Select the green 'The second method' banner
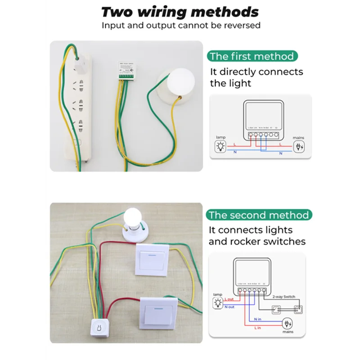[258, 215]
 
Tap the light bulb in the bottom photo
[134, 219]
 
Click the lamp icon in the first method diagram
[220, 146]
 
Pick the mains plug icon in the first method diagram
[298, 146]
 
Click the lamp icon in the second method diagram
[218, 302]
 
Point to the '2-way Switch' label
[284, 297]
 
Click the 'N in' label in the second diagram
[258, 319]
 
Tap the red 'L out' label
[229, 300]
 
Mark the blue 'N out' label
[229, 307]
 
